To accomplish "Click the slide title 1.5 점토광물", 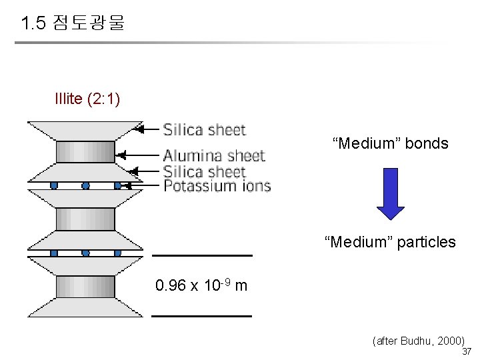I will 73,25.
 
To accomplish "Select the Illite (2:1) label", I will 87,99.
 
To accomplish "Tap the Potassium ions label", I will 217,185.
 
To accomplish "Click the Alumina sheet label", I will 214,156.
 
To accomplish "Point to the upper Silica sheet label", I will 205,129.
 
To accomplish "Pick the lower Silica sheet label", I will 205,172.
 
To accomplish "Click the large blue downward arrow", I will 391,194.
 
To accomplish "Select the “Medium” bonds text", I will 391,143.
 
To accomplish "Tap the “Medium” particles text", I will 391,242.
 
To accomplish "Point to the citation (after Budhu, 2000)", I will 419,341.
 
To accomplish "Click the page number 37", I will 467,352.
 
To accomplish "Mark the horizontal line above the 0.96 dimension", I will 203,255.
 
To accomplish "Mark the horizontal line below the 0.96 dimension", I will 202,315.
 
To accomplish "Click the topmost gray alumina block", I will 85,152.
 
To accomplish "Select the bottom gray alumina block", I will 85,287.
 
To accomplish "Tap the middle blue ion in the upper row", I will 85,185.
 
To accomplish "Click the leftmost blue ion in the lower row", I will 54,253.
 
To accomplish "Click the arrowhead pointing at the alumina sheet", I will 121,155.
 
